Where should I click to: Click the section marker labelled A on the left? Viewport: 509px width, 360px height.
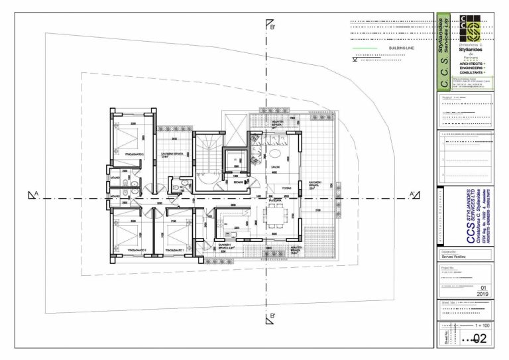(32, 194)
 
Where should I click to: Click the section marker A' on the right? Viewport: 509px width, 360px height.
(413, 194)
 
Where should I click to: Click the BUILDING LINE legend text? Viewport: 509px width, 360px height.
(398, 48)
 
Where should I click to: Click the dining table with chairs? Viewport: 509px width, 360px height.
(272, 215)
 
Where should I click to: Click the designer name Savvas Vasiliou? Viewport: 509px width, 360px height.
(457, 257)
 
